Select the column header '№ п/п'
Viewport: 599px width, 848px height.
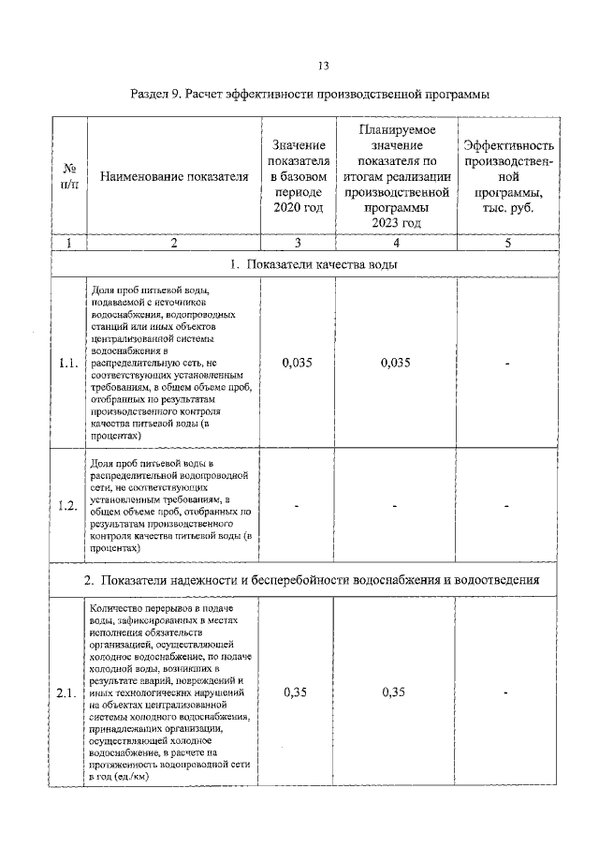pos(68,175)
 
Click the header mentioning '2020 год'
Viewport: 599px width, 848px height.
pos(297,175)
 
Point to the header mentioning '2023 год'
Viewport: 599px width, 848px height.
pos(396,175)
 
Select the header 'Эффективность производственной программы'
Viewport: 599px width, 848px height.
pos(508,175)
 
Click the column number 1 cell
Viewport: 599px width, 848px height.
pos(68,243)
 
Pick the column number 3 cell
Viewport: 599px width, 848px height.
pos(297,243)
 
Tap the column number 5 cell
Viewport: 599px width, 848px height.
pos(508,243)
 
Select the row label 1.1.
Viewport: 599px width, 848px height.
pos(67,364)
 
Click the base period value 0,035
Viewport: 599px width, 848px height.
pos(297,364)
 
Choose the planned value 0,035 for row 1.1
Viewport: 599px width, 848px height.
pos(396,364)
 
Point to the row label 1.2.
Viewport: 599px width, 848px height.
pos(67,506)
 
